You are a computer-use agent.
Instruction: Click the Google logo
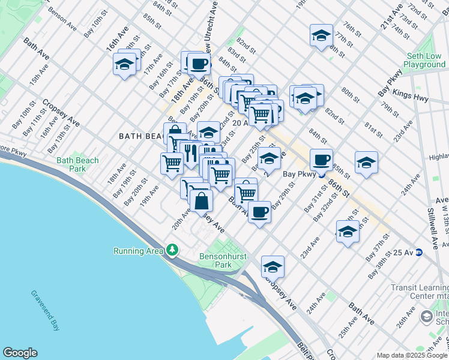click(20, 353)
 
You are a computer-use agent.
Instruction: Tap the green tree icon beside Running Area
click(172, 249)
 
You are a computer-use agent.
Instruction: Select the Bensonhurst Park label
click(215, 260)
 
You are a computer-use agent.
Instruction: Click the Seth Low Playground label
click(424, 60)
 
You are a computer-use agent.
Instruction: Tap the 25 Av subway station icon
click(419, 252)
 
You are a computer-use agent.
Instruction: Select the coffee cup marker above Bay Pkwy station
click(321, 160)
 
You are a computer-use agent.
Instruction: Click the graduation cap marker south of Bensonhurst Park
click(273, 266)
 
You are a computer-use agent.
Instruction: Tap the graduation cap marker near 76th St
click(321, 35)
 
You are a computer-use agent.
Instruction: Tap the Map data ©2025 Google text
click(412, 355)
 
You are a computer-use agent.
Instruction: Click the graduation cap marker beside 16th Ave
click(124, 65)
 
